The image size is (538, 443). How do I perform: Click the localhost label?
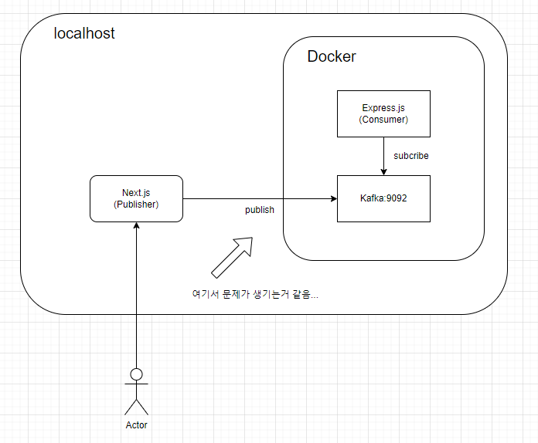84,34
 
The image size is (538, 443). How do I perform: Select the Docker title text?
332,56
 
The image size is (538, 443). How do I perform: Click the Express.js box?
383,113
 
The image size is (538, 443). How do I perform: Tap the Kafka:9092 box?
383,198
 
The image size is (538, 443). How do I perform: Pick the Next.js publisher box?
136,198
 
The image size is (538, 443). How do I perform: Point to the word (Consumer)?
383,120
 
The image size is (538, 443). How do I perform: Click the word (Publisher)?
136,205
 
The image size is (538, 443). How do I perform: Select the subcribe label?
411,156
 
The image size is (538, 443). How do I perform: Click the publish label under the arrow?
260,210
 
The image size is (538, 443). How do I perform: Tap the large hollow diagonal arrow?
233,255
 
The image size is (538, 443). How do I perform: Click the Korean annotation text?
255,294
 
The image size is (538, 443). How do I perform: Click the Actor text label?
136,425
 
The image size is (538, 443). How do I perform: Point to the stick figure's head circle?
136,374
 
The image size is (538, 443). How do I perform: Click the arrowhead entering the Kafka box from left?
333,198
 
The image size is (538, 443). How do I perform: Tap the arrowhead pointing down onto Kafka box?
383,171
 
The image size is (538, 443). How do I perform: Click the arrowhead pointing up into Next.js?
136,226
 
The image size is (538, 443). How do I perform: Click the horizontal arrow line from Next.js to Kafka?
255,198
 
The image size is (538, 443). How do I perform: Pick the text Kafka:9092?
383,198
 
